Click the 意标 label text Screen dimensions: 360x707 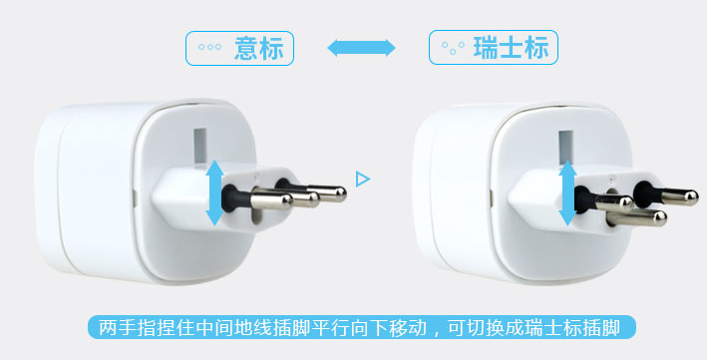point(257,48)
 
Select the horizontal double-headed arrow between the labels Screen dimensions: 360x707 point(361,48)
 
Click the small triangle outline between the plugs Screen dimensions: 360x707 point(363,180)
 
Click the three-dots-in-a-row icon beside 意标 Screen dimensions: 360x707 point(209,48)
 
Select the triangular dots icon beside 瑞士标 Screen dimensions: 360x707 point(453,48)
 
